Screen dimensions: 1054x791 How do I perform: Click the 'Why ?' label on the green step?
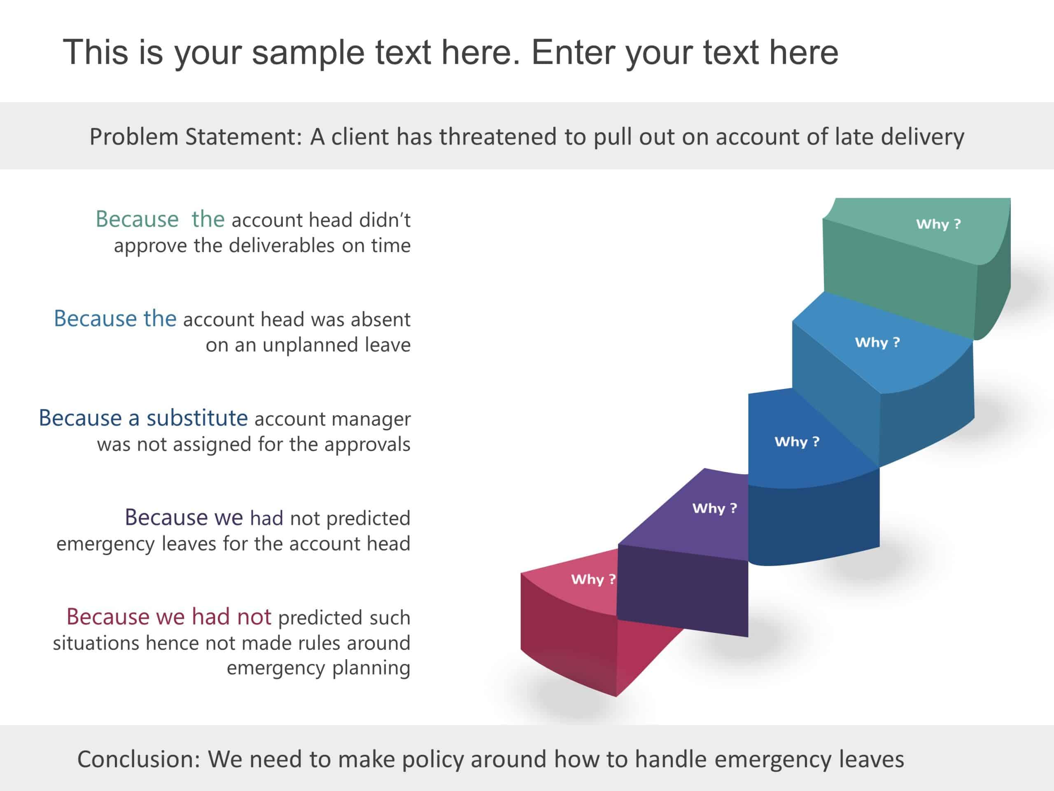(938, 224)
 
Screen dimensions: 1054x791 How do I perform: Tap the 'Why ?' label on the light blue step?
(877, 342)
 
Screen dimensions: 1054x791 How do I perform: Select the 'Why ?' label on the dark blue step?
(797, 442)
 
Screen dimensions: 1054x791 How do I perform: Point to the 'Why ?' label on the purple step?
(714, 508)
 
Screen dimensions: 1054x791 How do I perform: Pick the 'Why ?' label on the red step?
(593, 579)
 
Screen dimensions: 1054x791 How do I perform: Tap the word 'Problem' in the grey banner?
(134, 137)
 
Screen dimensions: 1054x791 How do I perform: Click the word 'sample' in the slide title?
(309, 52)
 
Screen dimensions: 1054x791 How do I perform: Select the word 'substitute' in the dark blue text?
(197, 418)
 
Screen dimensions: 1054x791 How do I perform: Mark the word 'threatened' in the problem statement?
(499, 137)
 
